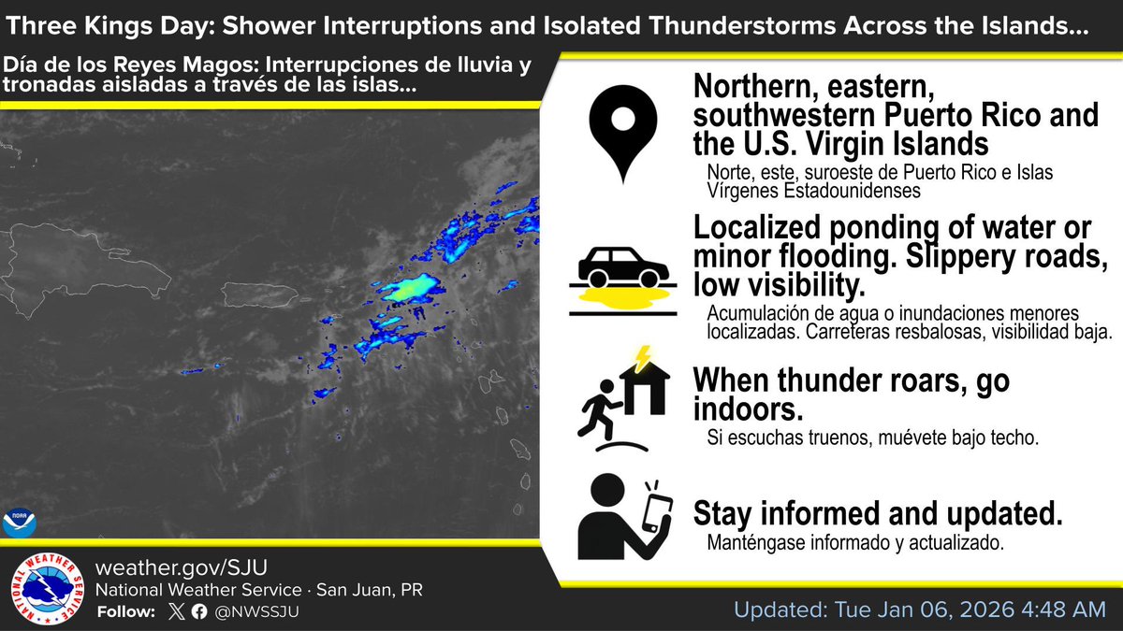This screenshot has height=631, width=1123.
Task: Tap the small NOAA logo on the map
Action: coord(18,521)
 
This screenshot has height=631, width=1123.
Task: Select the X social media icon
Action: coord(176,612)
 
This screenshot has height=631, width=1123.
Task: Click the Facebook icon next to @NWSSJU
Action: coord(198,612)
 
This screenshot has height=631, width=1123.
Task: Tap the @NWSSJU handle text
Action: coord(256,612)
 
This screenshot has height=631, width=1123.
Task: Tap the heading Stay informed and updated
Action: coord(878,513)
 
